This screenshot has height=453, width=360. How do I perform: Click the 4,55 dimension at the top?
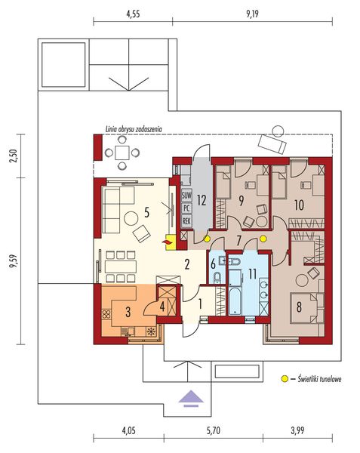133,14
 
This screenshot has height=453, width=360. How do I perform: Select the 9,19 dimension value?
252,14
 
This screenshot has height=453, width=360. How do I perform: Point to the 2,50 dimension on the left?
14,156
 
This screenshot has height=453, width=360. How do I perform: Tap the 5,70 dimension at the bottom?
214,431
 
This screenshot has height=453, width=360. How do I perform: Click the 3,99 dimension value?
297,431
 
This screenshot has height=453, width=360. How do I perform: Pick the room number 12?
202,200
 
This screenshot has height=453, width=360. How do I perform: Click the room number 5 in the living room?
146,213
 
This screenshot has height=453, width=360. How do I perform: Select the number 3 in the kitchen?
128,312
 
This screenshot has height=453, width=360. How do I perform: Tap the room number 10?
299,205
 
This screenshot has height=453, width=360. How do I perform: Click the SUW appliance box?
186,196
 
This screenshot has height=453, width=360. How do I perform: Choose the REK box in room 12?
186,221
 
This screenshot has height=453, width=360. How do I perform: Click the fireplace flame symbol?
168,242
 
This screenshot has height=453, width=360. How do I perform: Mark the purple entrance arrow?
191,398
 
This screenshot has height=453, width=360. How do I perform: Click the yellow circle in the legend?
285,378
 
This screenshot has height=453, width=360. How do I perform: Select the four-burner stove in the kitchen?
106,314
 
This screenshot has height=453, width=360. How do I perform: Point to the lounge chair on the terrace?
272,144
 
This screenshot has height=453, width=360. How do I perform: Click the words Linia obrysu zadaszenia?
133,129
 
